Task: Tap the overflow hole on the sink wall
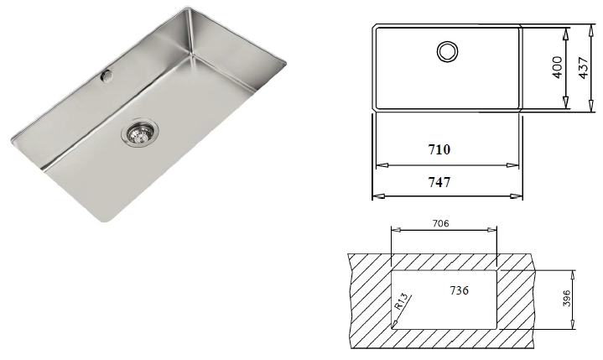tap(107, 76)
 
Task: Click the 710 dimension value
tap(439, 150)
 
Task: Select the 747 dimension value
tap(439, 182)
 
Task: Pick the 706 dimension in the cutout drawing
tap(444, 223)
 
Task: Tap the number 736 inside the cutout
tap(457, 290)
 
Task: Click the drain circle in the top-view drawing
tap(447, 50)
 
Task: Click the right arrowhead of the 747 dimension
tap(522, 196)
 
